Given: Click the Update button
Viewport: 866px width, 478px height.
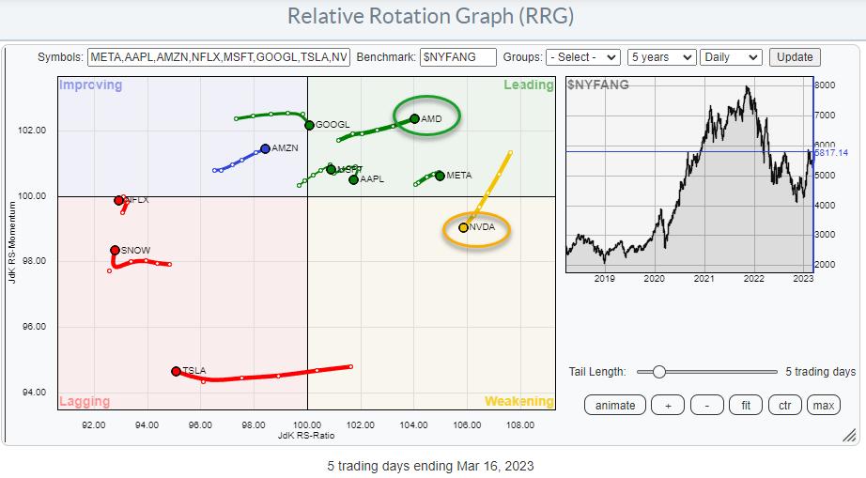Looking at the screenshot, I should [795, 57].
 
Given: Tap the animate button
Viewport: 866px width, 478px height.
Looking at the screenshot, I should [616, 406].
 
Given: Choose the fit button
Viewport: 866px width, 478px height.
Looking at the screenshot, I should [746, 406].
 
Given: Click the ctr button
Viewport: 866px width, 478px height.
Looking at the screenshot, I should [783, 406].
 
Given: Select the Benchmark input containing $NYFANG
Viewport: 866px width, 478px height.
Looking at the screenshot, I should [457, 57].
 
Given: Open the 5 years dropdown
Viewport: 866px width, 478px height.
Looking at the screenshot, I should [661, 57].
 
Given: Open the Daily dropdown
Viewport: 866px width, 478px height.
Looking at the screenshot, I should [731, 57].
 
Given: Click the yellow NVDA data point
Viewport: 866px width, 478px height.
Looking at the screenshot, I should [463, 227].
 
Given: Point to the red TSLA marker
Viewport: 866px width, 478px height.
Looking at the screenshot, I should [176, 371].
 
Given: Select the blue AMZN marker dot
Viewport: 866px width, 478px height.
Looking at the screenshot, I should [265, 148].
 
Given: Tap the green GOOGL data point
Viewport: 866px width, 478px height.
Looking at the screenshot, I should [309, 125].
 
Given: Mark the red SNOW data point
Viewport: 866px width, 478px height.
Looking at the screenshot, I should [115, 250].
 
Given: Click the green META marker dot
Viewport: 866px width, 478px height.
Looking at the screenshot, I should [440, 176].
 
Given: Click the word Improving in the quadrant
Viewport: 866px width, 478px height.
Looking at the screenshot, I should [91, 85].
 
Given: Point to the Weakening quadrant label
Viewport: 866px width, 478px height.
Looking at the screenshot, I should [519, 402].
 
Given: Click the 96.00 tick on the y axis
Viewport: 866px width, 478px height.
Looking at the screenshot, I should [34, 327].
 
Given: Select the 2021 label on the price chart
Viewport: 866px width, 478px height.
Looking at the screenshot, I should [704, 278].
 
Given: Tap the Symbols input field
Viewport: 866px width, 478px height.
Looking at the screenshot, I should [220, 57].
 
